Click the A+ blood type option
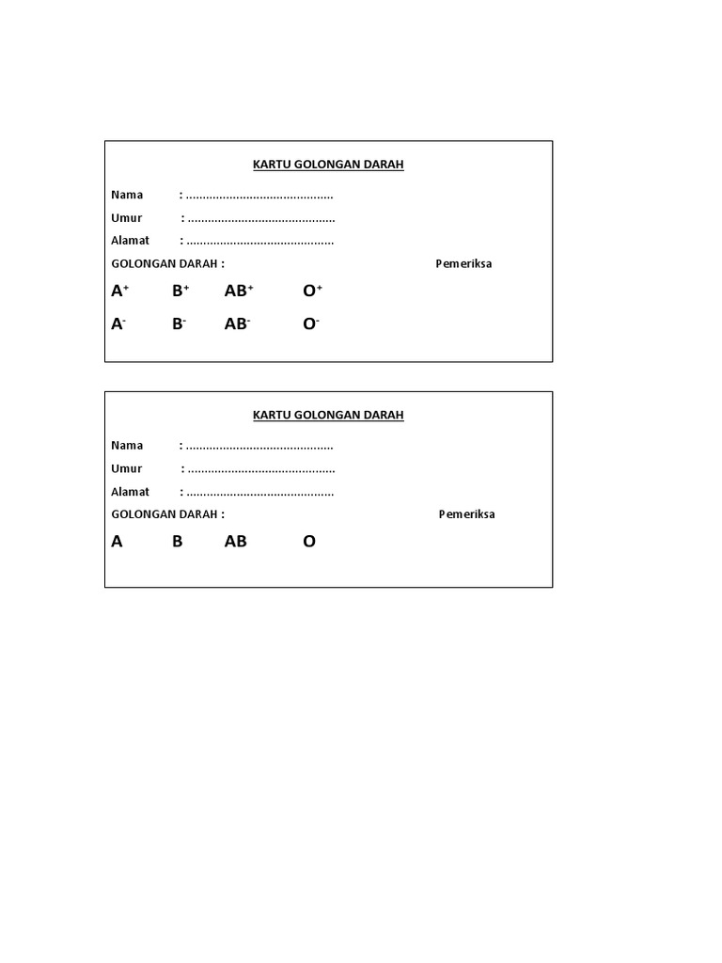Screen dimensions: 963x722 click(x=119, y=292)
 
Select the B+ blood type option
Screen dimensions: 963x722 click(x=180, y=292)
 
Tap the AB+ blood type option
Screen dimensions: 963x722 click(x=239, y=292)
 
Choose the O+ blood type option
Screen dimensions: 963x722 click(x=312, y=292)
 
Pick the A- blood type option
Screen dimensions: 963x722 click(x=118, y=324)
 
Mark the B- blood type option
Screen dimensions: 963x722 click(x=179, y=324)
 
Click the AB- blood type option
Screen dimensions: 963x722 click(x=237, y=324)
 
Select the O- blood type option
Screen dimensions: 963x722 click(x=311, y=324)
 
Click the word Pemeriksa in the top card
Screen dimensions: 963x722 click(x=463, y=264)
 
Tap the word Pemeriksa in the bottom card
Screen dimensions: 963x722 click(x=466, y=514)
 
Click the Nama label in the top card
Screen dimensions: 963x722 click(x=127, y=196)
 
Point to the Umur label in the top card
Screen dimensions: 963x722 click(x=126, y=218)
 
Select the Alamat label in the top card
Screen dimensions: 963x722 click(x=130, y=241)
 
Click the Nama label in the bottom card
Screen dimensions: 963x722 click(x=127, y=446)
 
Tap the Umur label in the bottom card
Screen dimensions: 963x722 click(x=126, y=468)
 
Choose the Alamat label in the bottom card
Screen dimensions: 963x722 click(x=130, y=492)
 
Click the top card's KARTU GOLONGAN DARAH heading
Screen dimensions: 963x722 click(x=328, y=165)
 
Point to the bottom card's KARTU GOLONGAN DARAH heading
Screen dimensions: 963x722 click(x=328, y=415)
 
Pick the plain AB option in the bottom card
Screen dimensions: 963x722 click(x=235, y=542)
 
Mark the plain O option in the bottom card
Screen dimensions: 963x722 click(x=309, y=542)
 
